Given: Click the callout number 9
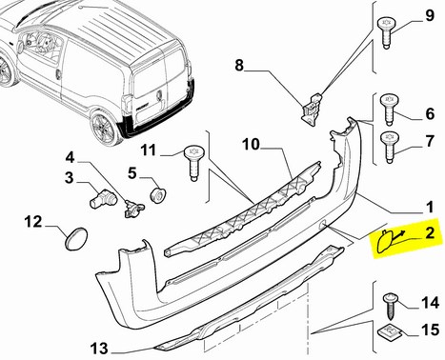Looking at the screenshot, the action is [430, 15].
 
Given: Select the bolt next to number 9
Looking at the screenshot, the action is [387, 33].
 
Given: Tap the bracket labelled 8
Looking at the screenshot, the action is [312, 110].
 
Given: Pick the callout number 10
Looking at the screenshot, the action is [251, 145].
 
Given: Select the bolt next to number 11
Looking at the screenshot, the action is [194, 164].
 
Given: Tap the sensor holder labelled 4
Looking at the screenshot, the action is [133, 209].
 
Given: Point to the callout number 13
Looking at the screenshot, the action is [99, 349].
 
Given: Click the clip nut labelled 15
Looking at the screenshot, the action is [390, 331].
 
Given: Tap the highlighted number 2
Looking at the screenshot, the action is [430, 232].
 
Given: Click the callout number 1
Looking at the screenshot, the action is [430, 208].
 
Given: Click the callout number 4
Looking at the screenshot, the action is [70, 157].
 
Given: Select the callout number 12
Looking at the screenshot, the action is [33, 222].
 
